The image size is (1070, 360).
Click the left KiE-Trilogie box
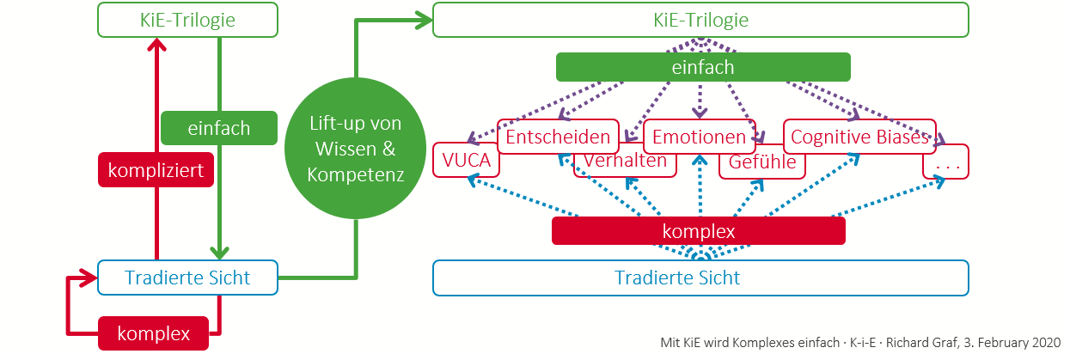click(187, 19)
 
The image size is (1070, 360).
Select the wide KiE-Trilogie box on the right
click(700, 19)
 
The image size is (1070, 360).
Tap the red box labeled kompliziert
click(156, 170)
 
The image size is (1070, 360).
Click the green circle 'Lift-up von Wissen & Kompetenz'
click(356, 148)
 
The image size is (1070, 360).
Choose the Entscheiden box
click(559, 137)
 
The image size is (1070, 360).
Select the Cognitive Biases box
click(859, 137)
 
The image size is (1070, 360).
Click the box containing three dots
click(945, 162)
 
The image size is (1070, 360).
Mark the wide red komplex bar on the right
click(698, 231)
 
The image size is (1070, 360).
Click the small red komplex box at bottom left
click(155, 333)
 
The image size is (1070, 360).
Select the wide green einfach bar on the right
click(703, 67)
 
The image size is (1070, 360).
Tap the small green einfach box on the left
click(219, 128)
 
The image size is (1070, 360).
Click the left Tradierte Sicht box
click(187, 278)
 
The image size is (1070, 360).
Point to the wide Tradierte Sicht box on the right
click(700, 278)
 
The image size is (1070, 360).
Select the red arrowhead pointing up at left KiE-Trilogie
click(156, 48)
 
